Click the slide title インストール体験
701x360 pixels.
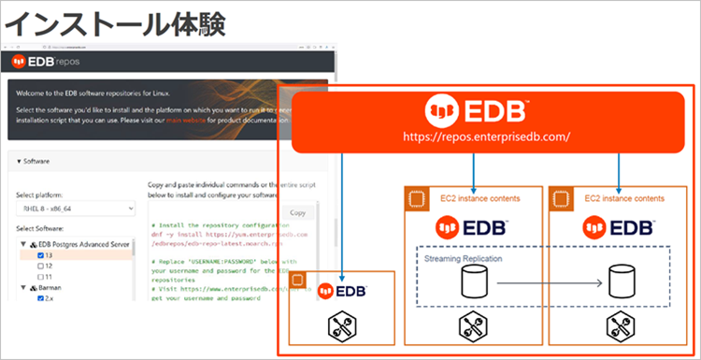pyautogui.click(x=114, y=22)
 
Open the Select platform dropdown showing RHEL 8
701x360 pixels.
pyautogui.click(x=76, y=209)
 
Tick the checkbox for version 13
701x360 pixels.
pyautogui.click(x=42, y=254)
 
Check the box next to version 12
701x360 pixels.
pyautogui.click(x=42, y=266)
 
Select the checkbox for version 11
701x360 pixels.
pyautogui.click(x=42, y=277)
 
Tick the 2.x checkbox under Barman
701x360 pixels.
pyautogui.click(x=42, y=299)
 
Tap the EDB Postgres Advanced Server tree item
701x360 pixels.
pyautogui.click(x=80, y=243)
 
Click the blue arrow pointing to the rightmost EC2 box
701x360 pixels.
pyautogui.click(x=621, y=168)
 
